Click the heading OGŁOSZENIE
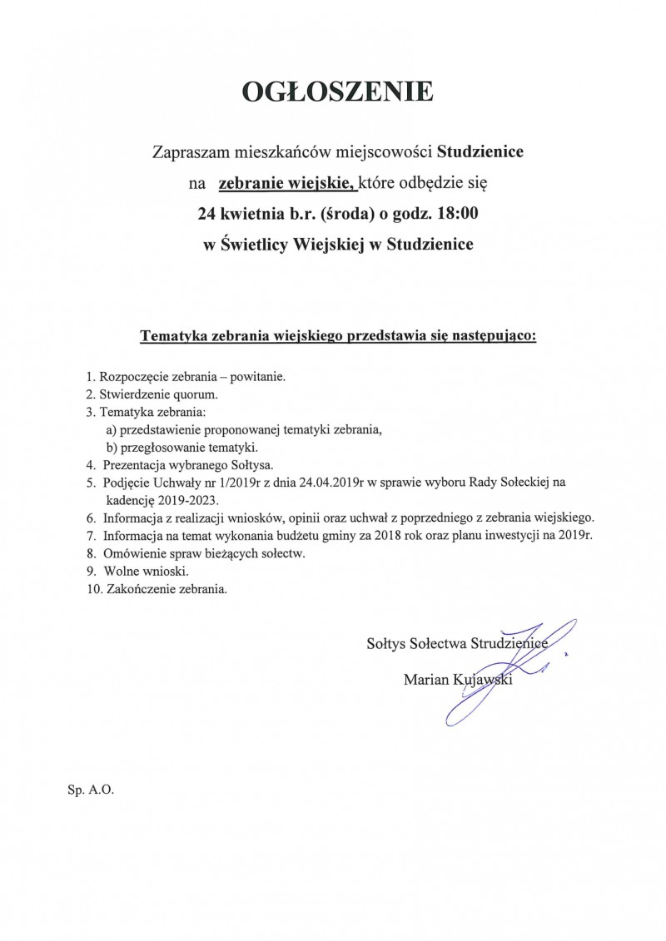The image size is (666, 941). pos(337,92)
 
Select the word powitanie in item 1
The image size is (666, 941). pos(258,377)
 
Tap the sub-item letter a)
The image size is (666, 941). pos(112,429)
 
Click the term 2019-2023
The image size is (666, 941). pos(181,498)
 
